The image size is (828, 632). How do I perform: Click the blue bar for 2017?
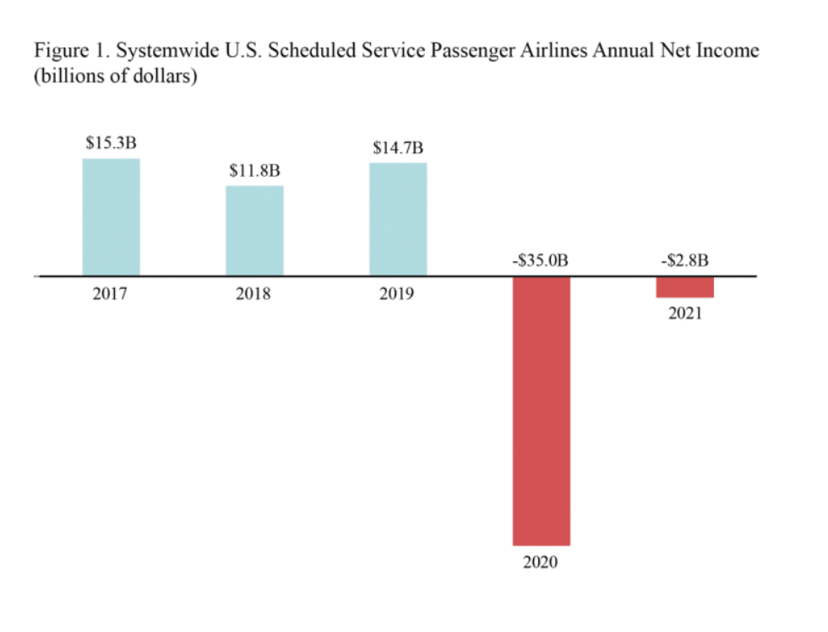point(111,216)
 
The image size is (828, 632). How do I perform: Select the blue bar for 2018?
point(254,230)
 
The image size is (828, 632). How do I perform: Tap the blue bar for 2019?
point(398,219)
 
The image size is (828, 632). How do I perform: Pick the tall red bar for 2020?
point(542,411)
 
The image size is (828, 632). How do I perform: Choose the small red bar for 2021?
point(685,287)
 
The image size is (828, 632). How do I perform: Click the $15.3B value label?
point(111,143)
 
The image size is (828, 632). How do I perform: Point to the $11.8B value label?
point(254,170)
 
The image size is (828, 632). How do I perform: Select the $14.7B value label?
point(398,147)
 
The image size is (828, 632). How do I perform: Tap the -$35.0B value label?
point(541,260)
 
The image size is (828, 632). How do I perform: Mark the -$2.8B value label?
point(684,260)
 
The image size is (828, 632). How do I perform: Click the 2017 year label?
point(111,295)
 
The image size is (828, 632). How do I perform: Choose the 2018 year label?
point(254,295)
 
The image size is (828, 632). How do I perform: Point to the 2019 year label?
point(398,295)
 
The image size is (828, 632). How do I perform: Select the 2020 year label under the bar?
point(541,562)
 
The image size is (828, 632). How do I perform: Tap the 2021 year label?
point(684,314)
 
